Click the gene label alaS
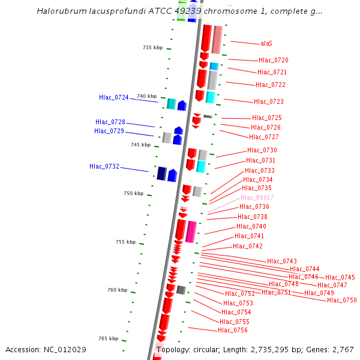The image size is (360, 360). pos(266,44)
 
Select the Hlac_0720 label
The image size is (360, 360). pos(273,61)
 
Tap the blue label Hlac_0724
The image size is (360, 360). pos(114,97)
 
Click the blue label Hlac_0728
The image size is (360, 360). pos(110,122)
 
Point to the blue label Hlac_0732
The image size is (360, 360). pos(104,167)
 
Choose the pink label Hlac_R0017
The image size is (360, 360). pos(257,198)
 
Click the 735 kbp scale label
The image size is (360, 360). pos(152,47)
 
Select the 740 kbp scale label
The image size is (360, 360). pos(146,96)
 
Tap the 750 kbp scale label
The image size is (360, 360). pos(134,193)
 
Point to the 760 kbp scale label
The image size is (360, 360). pos(118,290)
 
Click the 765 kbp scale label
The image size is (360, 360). pos(109,339)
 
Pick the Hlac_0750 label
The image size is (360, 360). pos(342,300)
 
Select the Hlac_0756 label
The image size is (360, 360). pos(233,331)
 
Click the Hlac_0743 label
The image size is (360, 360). pos(282,261)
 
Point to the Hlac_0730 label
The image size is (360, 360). pos(262,151)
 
